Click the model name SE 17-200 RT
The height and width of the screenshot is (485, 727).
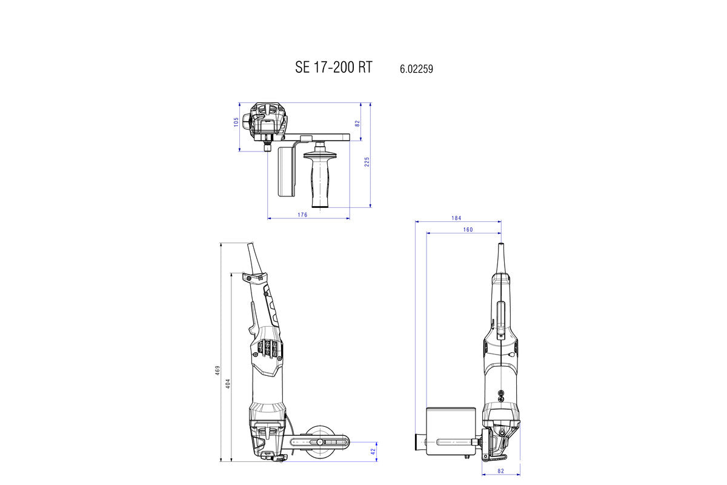tap(334, 67)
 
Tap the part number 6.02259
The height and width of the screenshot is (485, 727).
tap(416, 69)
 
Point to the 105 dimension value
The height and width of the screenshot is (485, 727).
tap(236, 122)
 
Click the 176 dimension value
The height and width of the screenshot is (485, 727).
tap(302, 215)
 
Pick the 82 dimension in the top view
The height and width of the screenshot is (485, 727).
tap(357, 122)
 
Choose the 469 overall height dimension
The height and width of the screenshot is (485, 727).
tap(217, 370)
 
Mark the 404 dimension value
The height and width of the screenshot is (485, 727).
tap(228, 383)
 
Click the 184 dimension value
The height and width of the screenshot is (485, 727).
tap(457, 218)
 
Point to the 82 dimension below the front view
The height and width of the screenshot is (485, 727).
tap(501, 470)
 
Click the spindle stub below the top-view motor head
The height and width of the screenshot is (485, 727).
tap(268, 146)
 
